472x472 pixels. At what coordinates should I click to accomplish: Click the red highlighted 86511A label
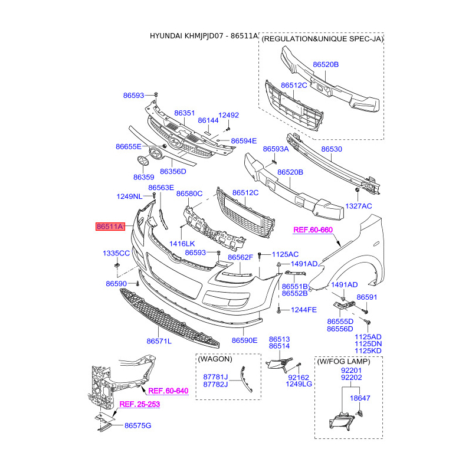pyautogui.click(x=110, y=227)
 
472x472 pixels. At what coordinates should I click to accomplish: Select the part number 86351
pyautogui.click(x=184, y=112)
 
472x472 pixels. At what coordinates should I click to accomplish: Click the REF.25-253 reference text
pyautogui.click(x=139, y=405)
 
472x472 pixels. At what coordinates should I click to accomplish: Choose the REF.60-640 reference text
pyautogui.click(x=168, y=391)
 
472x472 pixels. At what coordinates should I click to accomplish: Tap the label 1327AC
pyautogui.click(x=359, y=206)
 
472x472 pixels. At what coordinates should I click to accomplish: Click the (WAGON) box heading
pyautogui.click(x=215, y=359)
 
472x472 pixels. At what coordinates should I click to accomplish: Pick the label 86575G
pyautogui.click(x=137, y=425)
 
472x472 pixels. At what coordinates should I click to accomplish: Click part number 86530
pyautogui.click(x=331, y=149)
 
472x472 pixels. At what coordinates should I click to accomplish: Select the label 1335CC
pyautogui.click(x=116, y=253)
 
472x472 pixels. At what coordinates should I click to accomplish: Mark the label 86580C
pyautogui.click(x=189, y=193)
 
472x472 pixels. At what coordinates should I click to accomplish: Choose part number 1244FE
pyautogui.click(x=304, y=310)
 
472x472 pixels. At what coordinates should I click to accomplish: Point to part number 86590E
pyautogui.click(x=245, y=340)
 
